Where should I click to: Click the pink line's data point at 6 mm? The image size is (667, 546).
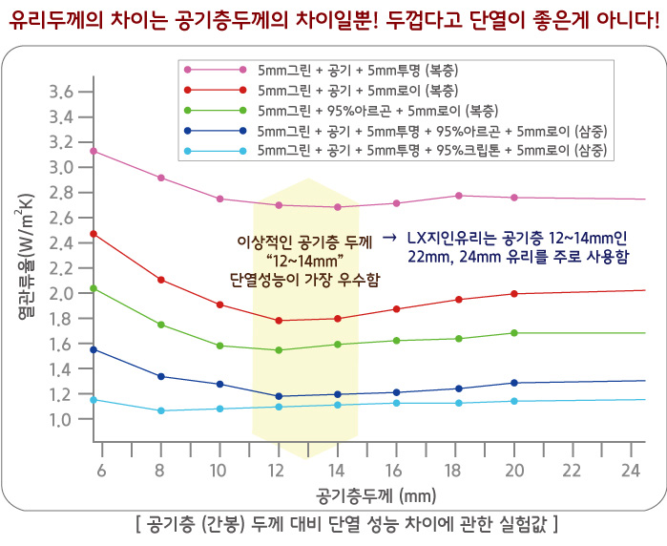(94, 151)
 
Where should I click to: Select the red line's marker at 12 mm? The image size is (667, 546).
(279, 321)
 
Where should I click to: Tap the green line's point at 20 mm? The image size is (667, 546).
(514, 333)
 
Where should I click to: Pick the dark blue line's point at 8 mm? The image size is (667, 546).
(160, 376)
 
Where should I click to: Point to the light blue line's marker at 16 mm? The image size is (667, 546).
(396, 403)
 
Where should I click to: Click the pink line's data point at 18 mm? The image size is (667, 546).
(459, 196)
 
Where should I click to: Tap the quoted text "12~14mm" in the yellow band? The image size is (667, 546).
(304, 260)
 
